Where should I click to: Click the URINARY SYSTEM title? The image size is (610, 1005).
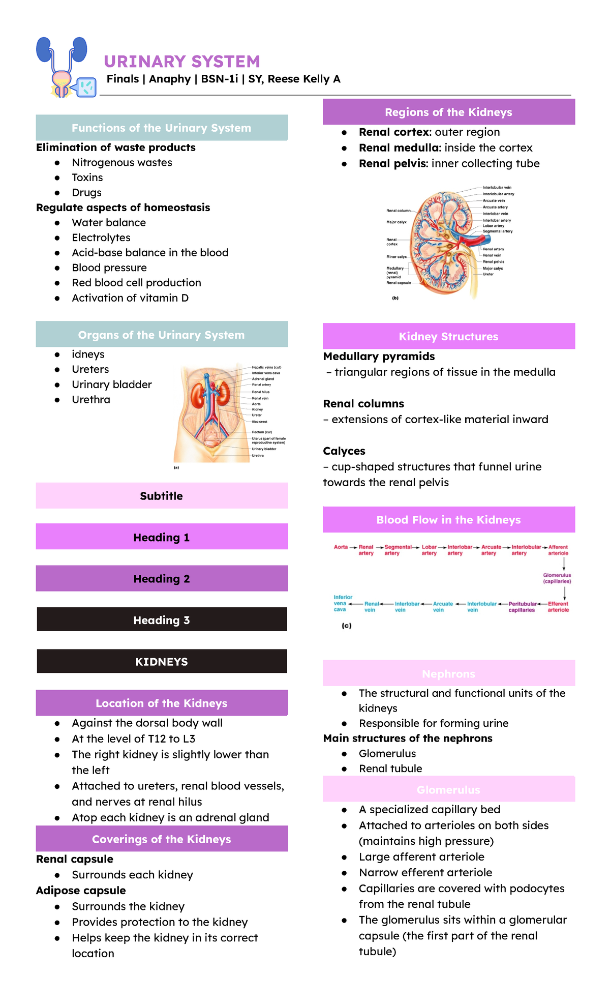(x=181, y=62)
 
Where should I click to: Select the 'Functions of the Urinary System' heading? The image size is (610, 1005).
(x=161, y=128)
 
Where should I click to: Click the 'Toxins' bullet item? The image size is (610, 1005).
(x=87, y=178)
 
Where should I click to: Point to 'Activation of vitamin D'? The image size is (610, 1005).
(x=130, y=298)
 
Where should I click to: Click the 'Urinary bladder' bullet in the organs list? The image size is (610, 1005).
(x=112, y=385)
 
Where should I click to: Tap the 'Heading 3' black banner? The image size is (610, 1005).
(x=162, y=620)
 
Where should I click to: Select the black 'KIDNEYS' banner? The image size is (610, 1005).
(x=162, y=662)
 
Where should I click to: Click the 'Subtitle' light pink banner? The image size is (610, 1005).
(x=162, y=496)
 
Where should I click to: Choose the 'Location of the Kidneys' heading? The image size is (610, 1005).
(x=162, y=703)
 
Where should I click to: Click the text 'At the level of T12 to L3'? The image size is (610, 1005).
(x=134, y=739)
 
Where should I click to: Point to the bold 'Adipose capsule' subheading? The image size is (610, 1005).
(x=81, y=891)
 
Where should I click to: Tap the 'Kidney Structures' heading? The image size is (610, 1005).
(x=448, y=337)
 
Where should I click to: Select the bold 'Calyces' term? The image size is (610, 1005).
(x=344, y=451)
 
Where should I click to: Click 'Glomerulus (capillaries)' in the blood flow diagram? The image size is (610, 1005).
(x=557, y=578)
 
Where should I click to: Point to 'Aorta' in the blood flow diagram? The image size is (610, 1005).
(x=341, y=547)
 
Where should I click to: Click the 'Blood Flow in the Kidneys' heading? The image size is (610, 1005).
(x=448, y=520)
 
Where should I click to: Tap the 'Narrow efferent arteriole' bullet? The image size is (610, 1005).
(x=425, y=873)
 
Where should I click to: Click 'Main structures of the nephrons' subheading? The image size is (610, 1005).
(x=408, y=738)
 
